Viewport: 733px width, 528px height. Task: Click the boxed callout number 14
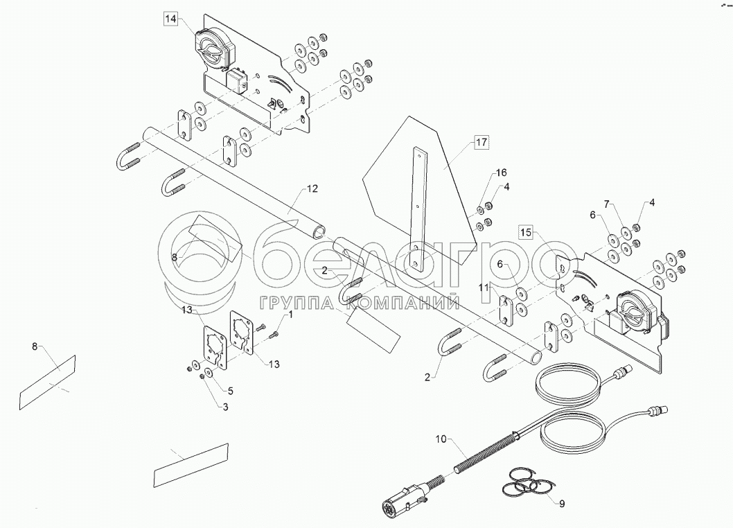coord(171,19)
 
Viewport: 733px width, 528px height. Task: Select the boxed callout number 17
coord(481,143)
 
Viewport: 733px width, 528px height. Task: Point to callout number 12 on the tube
coord(312,188)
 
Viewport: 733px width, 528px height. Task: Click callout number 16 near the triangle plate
coord(501,173)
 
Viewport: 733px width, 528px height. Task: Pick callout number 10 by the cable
coord(443,439)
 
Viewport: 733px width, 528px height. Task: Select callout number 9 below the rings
coord(562,504)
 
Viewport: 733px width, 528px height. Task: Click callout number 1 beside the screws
coord(290,315)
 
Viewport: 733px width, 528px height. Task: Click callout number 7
coord(607,204)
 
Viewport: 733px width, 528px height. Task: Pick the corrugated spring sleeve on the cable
coord(484,453)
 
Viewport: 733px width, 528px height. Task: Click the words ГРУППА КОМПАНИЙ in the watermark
coord(360,301)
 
